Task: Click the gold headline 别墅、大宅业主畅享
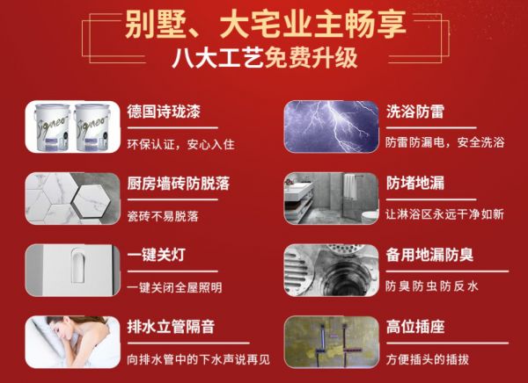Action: (x=266, y=25)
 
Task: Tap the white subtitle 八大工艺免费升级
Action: (x=265, y=58)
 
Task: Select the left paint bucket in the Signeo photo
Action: (x=52, y=127)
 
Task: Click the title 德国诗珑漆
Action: (x=164, y=112)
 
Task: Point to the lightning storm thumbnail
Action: (x=332, y=126)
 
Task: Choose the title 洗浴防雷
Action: (x=415, y=112)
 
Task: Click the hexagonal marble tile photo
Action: (x=73, y=199)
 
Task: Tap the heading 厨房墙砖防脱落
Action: (x=178, y=184)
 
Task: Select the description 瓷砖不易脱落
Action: (x=163, y=216)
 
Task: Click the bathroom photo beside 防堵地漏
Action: (x=332, y=199)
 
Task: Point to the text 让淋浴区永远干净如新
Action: (x=444, y=214)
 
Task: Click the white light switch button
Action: (x=78, y=268)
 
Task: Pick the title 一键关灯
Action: (x=157, y=255)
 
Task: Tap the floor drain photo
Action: (x=332, y=271)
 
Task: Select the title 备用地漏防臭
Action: (x=429, y=255)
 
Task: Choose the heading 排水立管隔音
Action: (x=171, y=327)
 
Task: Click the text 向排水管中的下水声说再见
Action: (x=198, y=359)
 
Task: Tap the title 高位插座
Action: (x=415, y=327)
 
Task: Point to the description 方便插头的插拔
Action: (x=428, y=359)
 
